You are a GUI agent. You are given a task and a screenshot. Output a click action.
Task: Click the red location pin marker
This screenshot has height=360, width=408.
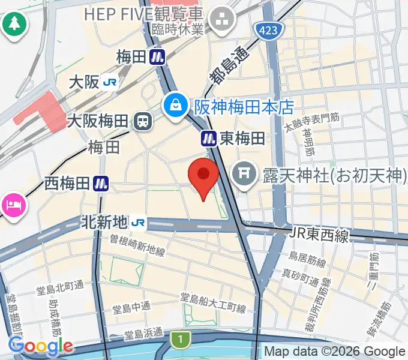coord(203,176)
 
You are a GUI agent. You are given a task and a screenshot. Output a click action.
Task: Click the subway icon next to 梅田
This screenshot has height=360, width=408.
coord(158,57)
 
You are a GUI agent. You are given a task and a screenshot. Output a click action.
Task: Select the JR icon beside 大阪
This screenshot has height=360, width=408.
coord(109,82)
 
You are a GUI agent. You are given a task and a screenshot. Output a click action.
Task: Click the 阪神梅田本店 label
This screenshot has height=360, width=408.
coord(244,107)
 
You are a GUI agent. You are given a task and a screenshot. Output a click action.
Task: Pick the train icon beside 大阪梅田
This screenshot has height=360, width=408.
coord(143,122)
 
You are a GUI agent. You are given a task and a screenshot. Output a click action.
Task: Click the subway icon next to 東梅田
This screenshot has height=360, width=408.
coord(208,139)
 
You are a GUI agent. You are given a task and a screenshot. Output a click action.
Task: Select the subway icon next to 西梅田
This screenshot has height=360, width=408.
coord(101,184)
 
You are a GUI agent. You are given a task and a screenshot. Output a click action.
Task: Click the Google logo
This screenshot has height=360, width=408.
coord(40,346)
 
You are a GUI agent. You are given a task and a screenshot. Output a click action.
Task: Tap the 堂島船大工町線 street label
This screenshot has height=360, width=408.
coord(214,303)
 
